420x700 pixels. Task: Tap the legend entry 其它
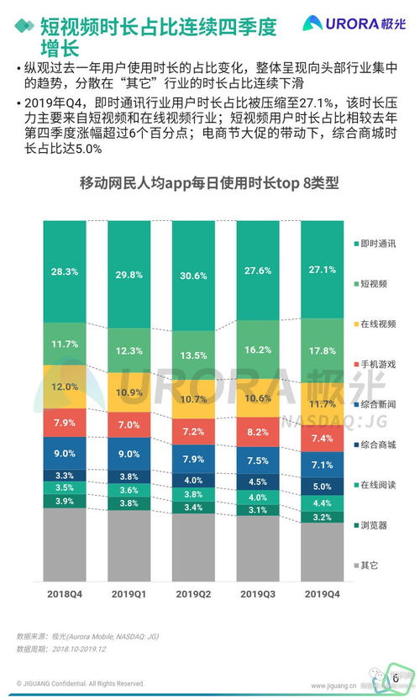click(370, 565)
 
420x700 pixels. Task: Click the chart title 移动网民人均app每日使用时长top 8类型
click(209, 183)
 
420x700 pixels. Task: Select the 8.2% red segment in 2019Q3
click(257, 432)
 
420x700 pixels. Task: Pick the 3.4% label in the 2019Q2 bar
click(192, 508)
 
